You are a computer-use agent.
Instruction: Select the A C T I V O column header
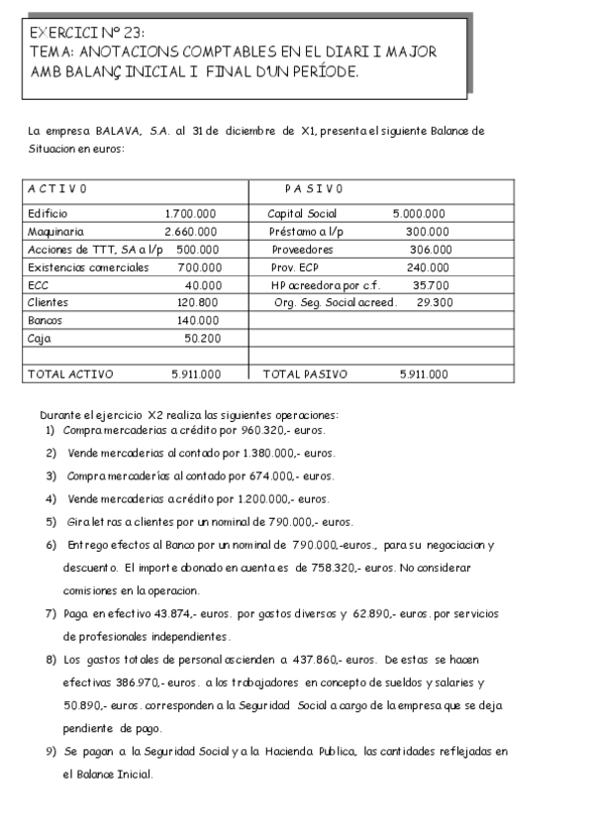(x=57, y=188)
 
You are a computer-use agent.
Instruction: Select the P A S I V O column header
(x=314, y=188)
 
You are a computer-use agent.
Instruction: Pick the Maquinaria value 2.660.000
(x=191, y=232)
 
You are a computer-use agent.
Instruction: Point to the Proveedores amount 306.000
(x=430, y=250)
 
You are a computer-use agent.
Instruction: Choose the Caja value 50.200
(x=202, y=339)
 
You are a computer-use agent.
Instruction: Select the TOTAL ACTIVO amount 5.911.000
(x=196, y=374)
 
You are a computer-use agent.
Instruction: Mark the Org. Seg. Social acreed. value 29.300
(x=435, y=303)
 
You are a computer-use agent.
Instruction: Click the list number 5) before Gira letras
(x=51, y=522)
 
